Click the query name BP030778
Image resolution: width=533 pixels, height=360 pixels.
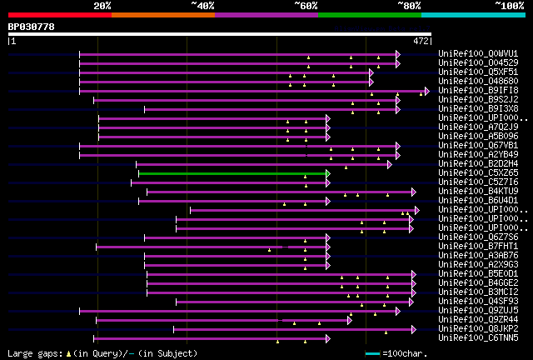click(x=32, y=27)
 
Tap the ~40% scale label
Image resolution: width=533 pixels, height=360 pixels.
click(x=202, y=5)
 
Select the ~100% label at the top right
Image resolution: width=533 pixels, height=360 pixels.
click(x=509, y=5)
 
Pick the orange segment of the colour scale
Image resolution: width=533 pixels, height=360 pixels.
click(x=162, y=14)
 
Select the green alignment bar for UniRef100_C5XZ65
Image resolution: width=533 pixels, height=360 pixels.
click(x=233, y=173)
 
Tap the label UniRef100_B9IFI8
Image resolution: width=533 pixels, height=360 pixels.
click(x=470, y=91)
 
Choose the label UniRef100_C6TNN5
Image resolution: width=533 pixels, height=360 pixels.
click(x=470, y=338)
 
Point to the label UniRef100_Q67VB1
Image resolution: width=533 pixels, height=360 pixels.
click(x=470, y=146)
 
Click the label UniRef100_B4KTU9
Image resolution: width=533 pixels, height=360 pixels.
click(x=470, y=192)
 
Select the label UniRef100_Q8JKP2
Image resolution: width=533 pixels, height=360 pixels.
click(x=470, y=329)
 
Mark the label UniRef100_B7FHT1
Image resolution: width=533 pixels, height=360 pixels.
click(x=470, y=247)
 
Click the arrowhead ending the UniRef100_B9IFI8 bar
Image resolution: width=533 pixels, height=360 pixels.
click(x=426, y=91)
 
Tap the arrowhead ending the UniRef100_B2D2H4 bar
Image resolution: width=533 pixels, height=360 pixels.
click(x=389, y=164)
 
